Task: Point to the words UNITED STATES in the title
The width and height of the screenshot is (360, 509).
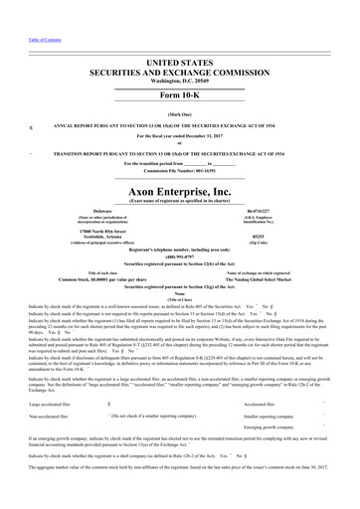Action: tap(179, 36)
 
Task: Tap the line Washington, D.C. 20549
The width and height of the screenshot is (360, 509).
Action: tap(179, 58)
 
